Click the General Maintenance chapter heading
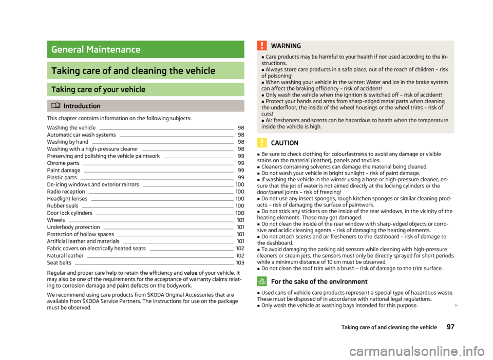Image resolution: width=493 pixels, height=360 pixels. tap(96, 50)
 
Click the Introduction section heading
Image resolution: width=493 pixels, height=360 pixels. tap(82, 106)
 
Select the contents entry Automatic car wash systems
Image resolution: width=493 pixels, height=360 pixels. tap(81, 135)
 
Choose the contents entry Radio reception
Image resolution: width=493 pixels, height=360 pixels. tap(66, 191)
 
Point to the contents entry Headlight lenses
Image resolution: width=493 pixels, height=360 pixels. tap(67, 198)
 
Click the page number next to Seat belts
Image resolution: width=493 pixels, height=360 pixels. tap(240, 263)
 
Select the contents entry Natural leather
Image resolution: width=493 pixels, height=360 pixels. tap(65, 255)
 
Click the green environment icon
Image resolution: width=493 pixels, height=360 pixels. tap(261, 281)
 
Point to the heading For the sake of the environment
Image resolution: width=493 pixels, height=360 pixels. tap(318, 281)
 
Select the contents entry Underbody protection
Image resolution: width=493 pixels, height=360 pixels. tap(73, 227)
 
